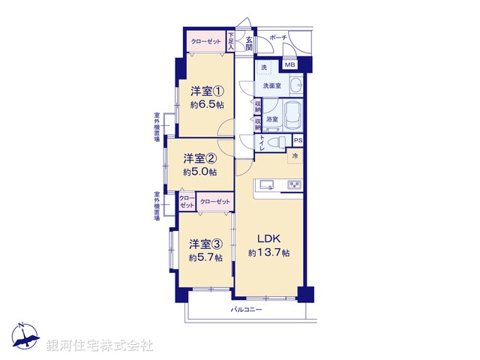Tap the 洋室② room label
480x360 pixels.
point(200,158)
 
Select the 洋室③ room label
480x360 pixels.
point(205,244)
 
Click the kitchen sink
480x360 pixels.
point(265,185)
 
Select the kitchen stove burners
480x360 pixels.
point(293,185)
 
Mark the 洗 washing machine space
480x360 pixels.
point(264,68)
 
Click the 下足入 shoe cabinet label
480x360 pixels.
point(231,42)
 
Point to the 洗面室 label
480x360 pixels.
point(271,85)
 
